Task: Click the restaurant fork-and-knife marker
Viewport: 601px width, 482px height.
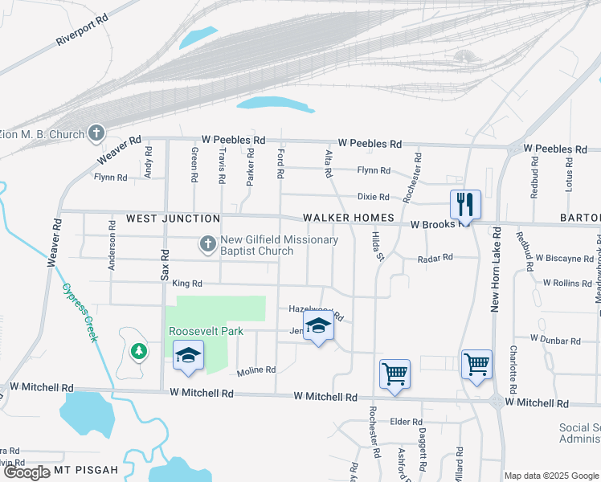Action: [x=464, y=204]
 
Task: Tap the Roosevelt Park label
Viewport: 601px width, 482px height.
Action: [x=206, y=331]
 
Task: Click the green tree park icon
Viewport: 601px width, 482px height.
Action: [x=139, y=351]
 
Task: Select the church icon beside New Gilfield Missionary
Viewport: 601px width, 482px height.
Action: [x=207, y=242]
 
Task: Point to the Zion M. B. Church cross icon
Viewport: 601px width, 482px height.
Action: [x=96, y=133]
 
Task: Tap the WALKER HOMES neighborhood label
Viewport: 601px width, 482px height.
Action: [x=348, y=219]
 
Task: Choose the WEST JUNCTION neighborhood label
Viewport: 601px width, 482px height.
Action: [x=173, y=219]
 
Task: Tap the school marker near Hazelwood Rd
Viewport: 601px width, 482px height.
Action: [x=319, y=328]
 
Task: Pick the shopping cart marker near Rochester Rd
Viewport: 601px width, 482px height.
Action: [x=395, y=374]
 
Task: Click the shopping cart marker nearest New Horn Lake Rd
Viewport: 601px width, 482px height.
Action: [x=476, y=365]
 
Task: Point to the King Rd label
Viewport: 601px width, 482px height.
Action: [x=187, y=284]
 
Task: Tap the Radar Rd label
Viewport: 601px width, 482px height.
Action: [x=435, y=258]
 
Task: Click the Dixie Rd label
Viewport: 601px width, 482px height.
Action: [x=373, y=197]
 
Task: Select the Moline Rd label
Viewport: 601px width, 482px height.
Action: [x=256, y=370]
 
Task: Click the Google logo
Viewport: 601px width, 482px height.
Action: [x=27, y=472]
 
